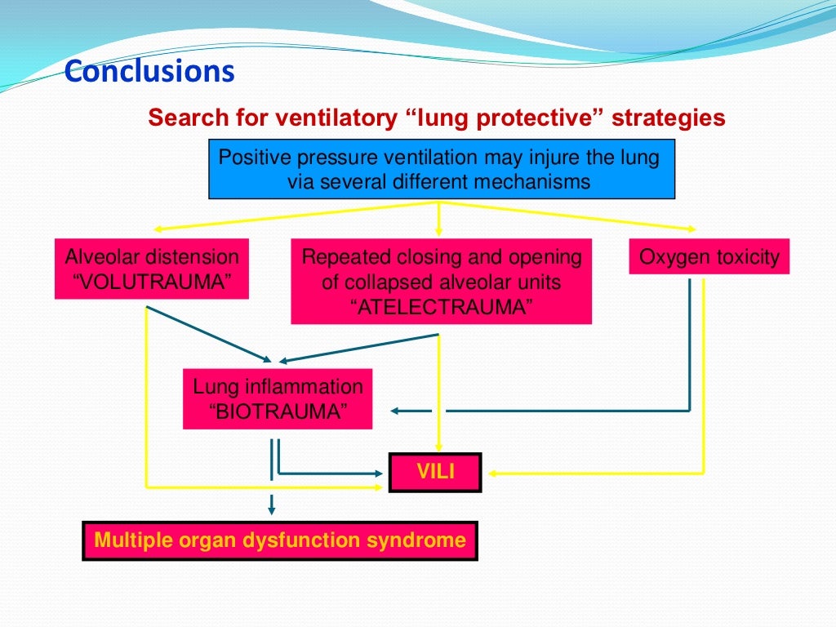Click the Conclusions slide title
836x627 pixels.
[149, 72]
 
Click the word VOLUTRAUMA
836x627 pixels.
[151, 282]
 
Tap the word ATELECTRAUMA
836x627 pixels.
[441, 308]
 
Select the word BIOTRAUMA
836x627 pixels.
[277, 411]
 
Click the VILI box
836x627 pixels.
[435, 472]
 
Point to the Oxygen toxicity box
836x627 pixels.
[709, 257]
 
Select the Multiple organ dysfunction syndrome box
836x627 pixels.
[280, 540]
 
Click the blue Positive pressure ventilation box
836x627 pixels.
[442, 169]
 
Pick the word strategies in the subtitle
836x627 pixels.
[669, 118]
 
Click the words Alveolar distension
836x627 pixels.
[152, 257]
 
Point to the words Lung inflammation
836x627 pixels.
[277, 386]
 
